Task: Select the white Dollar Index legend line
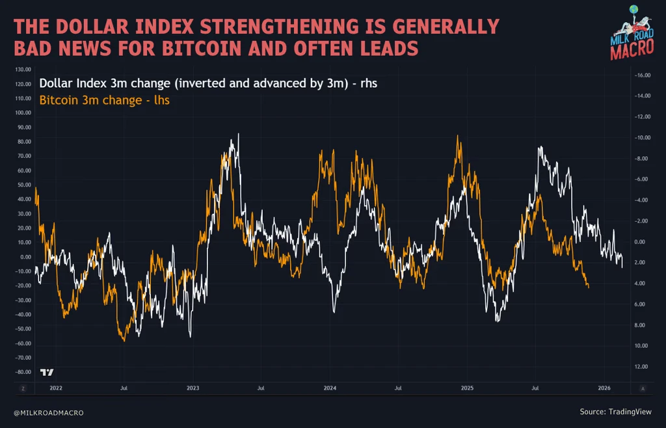point(208,83)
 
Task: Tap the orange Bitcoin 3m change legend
point(105,100)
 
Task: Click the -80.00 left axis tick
point(23,372)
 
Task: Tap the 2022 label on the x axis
point(55,388)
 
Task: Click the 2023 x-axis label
point(193,388)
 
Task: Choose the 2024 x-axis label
point(330,388)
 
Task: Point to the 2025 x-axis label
point(467,388)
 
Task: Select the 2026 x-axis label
point(604,388)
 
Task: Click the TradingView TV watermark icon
point(47,372)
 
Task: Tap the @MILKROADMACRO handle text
point(49,413)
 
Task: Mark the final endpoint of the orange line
point(589,287)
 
